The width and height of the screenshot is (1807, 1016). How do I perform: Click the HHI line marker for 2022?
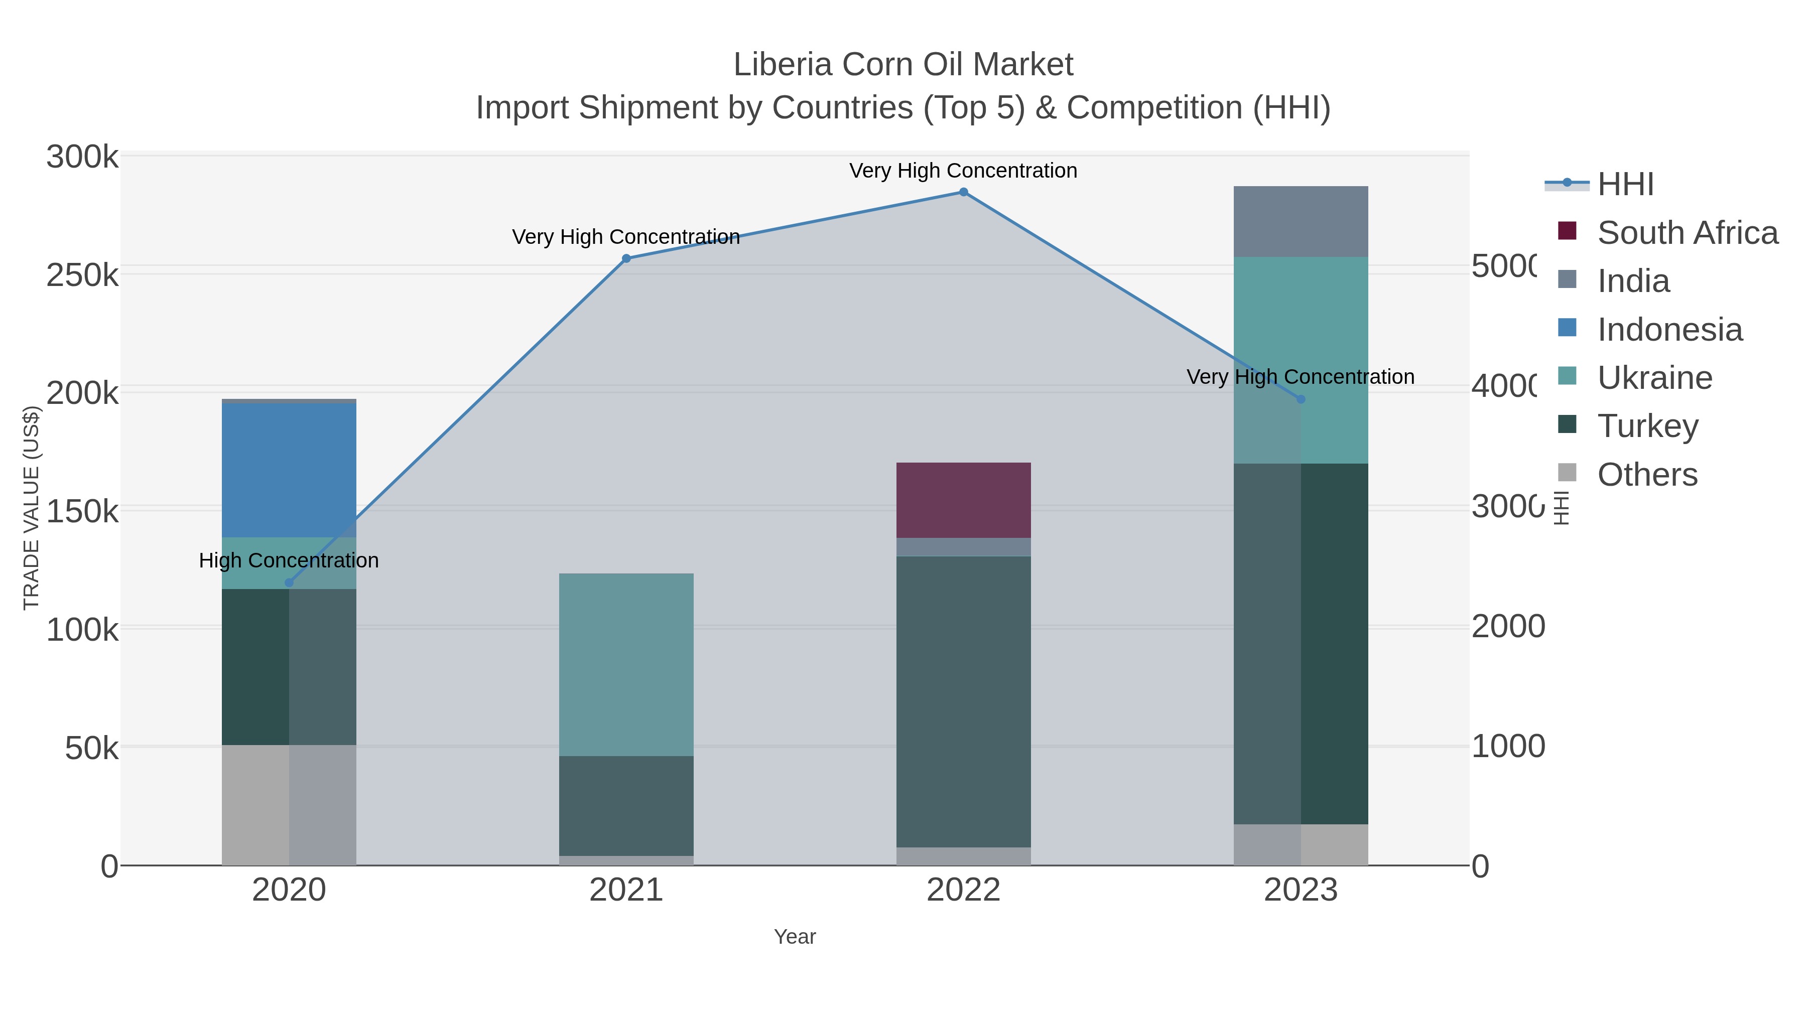point(963,192)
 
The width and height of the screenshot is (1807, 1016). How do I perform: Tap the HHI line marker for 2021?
point(626,259)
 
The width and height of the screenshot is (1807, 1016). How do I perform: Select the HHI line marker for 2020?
point(289,583)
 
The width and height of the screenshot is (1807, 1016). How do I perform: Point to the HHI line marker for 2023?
point(1301,399)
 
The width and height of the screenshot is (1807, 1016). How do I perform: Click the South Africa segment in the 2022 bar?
point(963,500)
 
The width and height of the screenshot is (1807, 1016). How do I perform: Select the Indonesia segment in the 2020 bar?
point(289,470)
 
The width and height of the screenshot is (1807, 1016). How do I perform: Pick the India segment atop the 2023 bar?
point(1301,222)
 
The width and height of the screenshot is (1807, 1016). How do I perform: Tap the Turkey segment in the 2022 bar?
point(963,701)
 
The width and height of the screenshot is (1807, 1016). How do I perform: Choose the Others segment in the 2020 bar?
point(289,805)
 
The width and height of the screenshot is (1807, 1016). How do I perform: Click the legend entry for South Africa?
point(1687,233)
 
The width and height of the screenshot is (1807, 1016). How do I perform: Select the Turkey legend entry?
point(1647,425)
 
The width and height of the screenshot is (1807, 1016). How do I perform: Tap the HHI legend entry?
point(1625,185)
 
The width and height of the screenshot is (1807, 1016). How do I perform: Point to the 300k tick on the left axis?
point(82,157)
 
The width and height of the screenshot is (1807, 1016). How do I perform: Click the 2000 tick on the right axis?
point(1507,627)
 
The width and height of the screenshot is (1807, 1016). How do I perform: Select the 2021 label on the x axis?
point(626,891)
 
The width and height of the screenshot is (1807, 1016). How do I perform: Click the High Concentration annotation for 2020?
point(289,560)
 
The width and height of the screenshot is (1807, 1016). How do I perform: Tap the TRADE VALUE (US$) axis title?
point(32,508)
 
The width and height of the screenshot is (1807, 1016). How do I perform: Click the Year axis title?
point(795,937)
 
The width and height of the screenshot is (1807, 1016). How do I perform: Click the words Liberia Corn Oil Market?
point(903,65)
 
